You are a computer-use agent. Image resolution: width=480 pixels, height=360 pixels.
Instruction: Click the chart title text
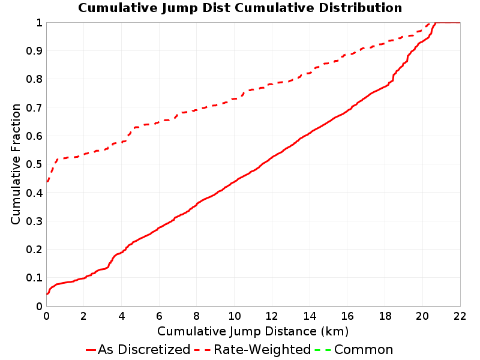[x=240, y=8]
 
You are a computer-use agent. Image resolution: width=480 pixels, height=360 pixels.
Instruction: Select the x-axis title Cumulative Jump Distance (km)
[x=253, y=332]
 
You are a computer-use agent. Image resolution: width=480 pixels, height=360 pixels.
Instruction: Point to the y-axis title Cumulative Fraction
[x=16, y=164]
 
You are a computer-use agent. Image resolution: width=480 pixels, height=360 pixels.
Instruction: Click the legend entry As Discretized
[x=144, y=350]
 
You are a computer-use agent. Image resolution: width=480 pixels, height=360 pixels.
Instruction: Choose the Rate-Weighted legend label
[x=262, y=350]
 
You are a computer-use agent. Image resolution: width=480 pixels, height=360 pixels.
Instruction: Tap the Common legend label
[x=364, y=350]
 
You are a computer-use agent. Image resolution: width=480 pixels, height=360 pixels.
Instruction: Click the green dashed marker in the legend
[x=323, y=350]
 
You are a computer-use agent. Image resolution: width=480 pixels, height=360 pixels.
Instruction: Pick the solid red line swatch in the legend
[x=91, y=350]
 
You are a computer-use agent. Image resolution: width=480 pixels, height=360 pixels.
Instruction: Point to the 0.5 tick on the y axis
[x=34, y=164]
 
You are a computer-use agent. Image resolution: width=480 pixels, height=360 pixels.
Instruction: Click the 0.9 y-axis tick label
[x=34, y=51]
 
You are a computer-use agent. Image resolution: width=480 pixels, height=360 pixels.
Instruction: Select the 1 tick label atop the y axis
[x=39, y=23]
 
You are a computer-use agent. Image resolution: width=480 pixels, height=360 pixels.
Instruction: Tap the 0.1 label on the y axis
[x=34, y=278]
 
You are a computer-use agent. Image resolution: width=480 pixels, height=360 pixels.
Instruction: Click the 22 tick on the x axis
[x=460, y=316]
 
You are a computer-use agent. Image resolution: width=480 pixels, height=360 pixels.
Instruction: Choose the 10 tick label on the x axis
[x=234, y=316]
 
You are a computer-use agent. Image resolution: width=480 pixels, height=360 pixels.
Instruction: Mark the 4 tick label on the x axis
[x=122, y=316]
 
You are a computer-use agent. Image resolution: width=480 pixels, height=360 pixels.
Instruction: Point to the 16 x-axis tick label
[x=347, y=316]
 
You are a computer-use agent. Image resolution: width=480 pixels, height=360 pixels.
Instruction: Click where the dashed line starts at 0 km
[x=47, y=182]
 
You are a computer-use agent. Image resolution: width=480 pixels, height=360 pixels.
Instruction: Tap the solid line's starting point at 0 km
[x=47, y=294]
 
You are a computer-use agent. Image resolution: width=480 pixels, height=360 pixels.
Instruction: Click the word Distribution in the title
[x=361, y=8]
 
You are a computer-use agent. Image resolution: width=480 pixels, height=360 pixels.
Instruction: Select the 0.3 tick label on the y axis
[x=34, y=221]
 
